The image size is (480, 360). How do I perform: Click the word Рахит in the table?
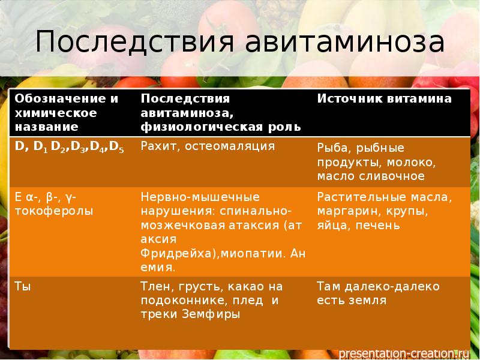click(157, 146)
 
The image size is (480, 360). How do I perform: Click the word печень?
click(383, 226)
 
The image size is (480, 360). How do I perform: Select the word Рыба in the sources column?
click(332, 148)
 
